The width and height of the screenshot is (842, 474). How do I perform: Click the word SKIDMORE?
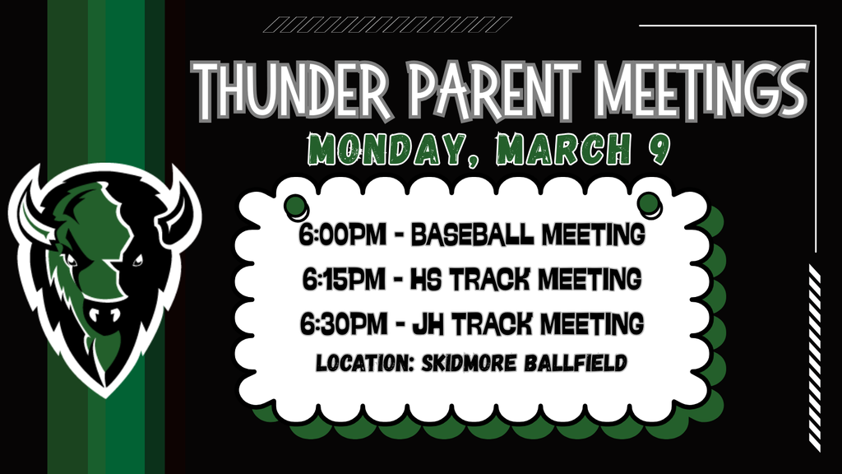pyautogui.click(x=481, y=363)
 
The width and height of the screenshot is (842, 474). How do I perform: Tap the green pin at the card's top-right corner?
pyautogui.click(x=650, y=202)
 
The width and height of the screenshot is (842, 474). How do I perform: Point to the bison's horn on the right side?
pyautogui.click(x=183, y=206)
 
